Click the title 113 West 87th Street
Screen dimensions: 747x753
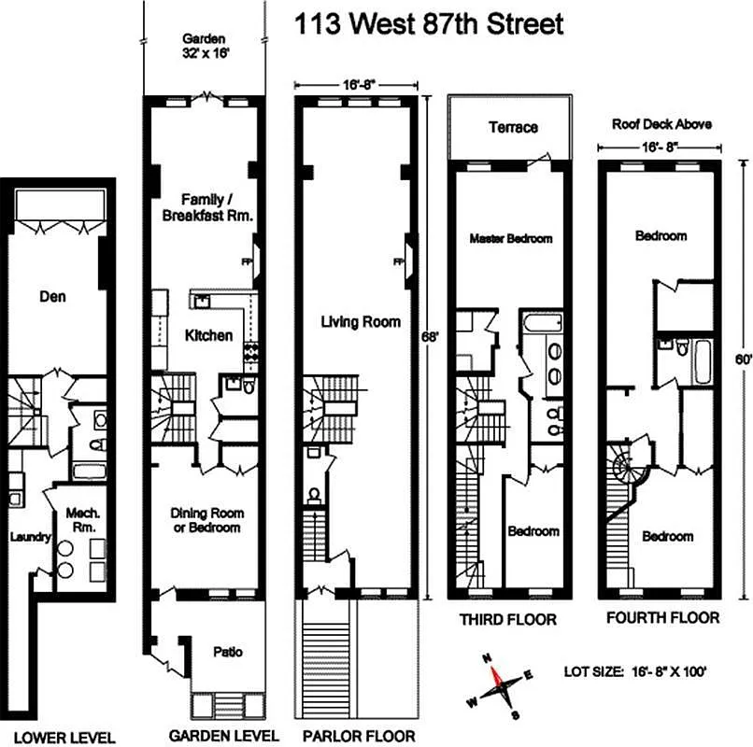pyautogui.click(x=430, y=23)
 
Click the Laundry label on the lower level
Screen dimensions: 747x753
pyautogui.click(x=22, y=537)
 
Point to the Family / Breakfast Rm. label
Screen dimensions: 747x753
pyautogui.click(x=205, y=206)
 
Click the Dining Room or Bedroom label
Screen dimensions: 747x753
pyautogui.click(x=206, y=520)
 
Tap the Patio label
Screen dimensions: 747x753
pyautogui.click(x=227, y=652)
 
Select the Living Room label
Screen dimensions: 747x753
pyautogui.click(x=361, y=322)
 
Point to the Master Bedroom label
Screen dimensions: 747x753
pyautogui.click(x=510, y=238)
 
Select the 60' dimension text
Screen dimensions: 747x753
pyautogui.click(x=741, y=359)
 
